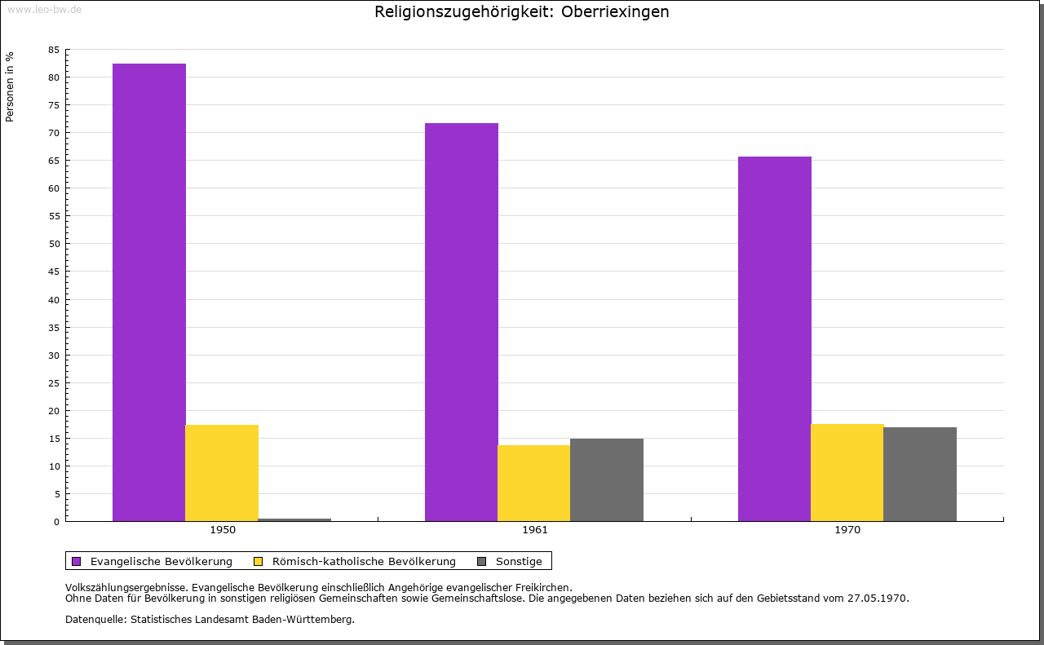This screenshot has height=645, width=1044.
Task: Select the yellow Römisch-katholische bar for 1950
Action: (222, 473)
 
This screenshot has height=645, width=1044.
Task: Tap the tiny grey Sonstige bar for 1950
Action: (294, 519)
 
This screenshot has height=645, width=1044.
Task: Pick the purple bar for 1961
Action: (462, 322)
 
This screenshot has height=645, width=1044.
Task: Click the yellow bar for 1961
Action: (534, 483)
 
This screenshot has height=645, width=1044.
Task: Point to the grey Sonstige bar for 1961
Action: (607, 479)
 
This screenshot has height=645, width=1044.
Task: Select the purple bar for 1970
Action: (775, 338)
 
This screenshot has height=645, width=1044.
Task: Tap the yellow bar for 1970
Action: (847, 472)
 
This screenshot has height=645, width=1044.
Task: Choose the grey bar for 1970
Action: (920, 474)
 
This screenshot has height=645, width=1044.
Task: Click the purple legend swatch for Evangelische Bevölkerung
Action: (77, 561)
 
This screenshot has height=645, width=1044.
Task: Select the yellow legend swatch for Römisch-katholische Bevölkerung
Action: (259, 561)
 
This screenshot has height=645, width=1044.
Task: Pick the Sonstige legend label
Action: (519, 561)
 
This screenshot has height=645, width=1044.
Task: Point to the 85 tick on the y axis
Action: (54, 50)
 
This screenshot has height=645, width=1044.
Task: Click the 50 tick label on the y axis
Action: (54, 244)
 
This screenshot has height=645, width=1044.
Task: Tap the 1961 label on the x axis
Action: (535, 530)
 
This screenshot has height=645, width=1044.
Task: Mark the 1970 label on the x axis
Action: (847, 530)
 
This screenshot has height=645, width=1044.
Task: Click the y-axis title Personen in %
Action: (10, 86)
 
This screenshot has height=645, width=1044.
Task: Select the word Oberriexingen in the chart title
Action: (615, 12)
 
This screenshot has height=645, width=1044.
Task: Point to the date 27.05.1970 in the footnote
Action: (878, 598)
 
